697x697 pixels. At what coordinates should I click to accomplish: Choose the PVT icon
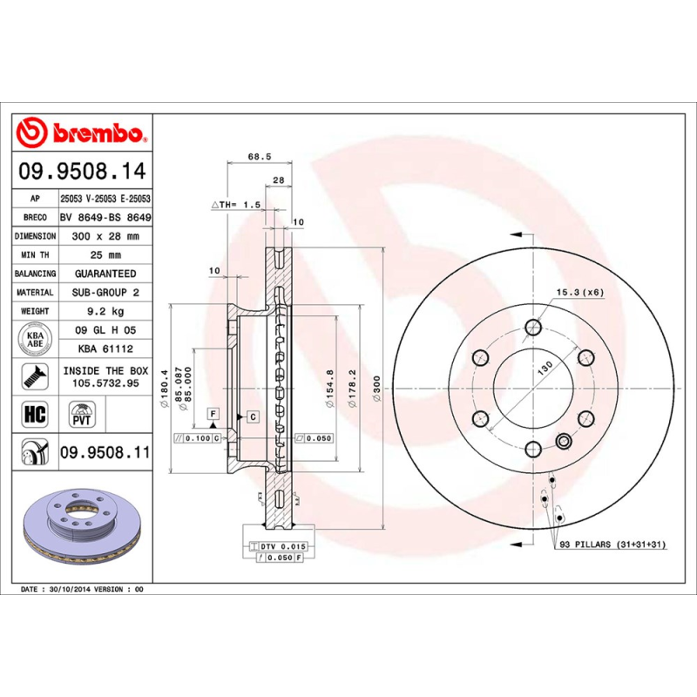tap(81, 412)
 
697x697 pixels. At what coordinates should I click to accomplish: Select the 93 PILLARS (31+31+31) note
tap(612, 545)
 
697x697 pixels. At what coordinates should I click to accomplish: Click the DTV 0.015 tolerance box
tap(280, 545)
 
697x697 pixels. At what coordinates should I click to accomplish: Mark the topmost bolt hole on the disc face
tap(532, 328)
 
